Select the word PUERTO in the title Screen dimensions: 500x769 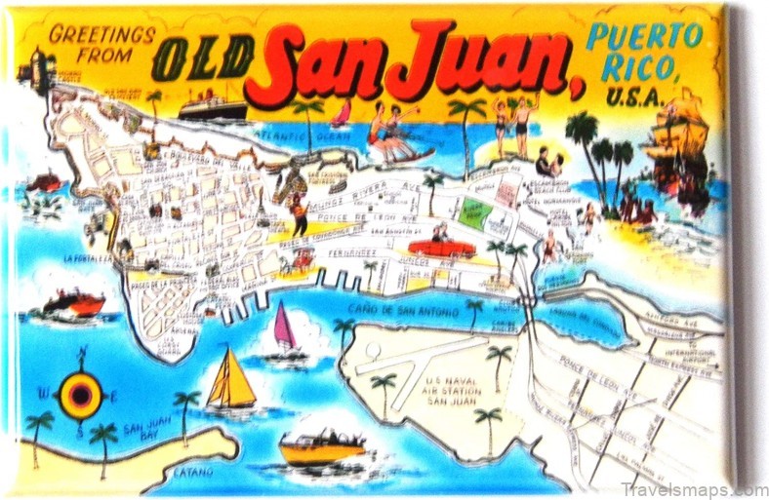click(644, 37)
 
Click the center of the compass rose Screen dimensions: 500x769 click(82, 395)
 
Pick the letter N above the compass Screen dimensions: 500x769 click(83, 352)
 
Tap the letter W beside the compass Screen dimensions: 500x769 click(42, 394)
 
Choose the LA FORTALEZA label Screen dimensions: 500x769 click(85, 259)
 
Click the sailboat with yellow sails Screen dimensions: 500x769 click(231, 380)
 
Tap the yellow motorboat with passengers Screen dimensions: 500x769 click(321, 447)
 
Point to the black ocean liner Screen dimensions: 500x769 click(212, 105)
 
